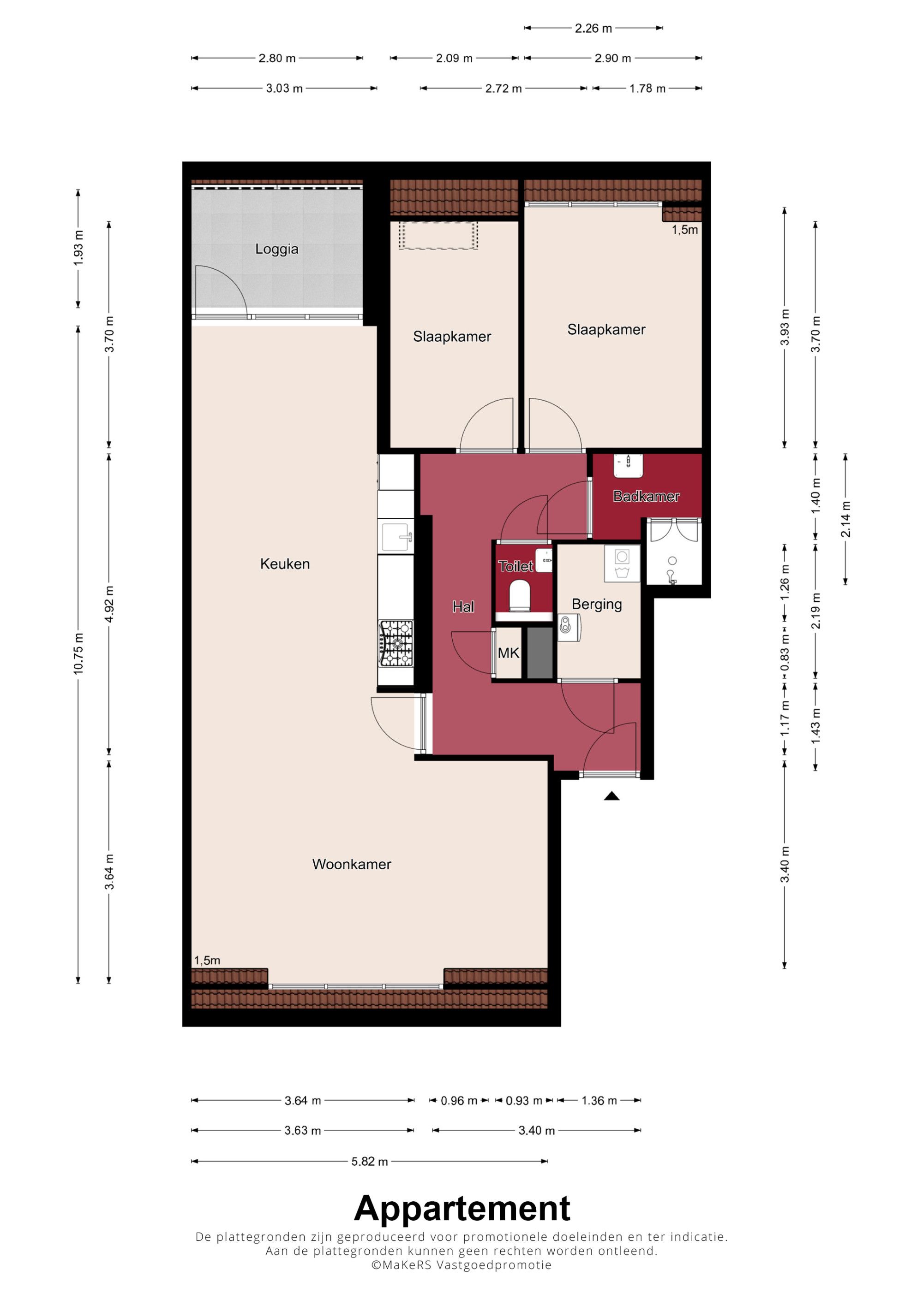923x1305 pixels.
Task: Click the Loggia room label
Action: [276, 249]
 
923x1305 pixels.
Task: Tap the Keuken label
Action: [285, 564]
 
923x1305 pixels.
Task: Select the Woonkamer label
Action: [352, 864]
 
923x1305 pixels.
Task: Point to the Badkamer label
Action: [646, 496]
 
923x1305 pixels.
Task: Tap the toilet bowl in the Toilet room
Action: [519, 594]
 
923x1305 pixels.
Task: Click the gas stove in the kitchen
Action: [396, 643]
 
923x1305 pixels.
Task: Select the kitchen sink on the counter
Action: [396, 537]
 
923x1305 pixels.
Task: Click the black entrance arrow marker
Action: [611, 796]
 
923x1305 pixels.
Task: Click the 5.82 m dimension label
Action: [370, 1161]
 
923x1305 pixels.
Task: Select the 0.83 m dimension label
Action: [785, 652]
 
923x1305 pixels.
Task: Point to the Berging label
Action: [597, 604]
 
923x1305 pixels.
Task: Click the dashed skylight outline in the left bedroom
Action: [438, 235]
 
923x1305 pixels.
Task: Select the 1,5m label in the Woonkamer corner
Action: [207, 960]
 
